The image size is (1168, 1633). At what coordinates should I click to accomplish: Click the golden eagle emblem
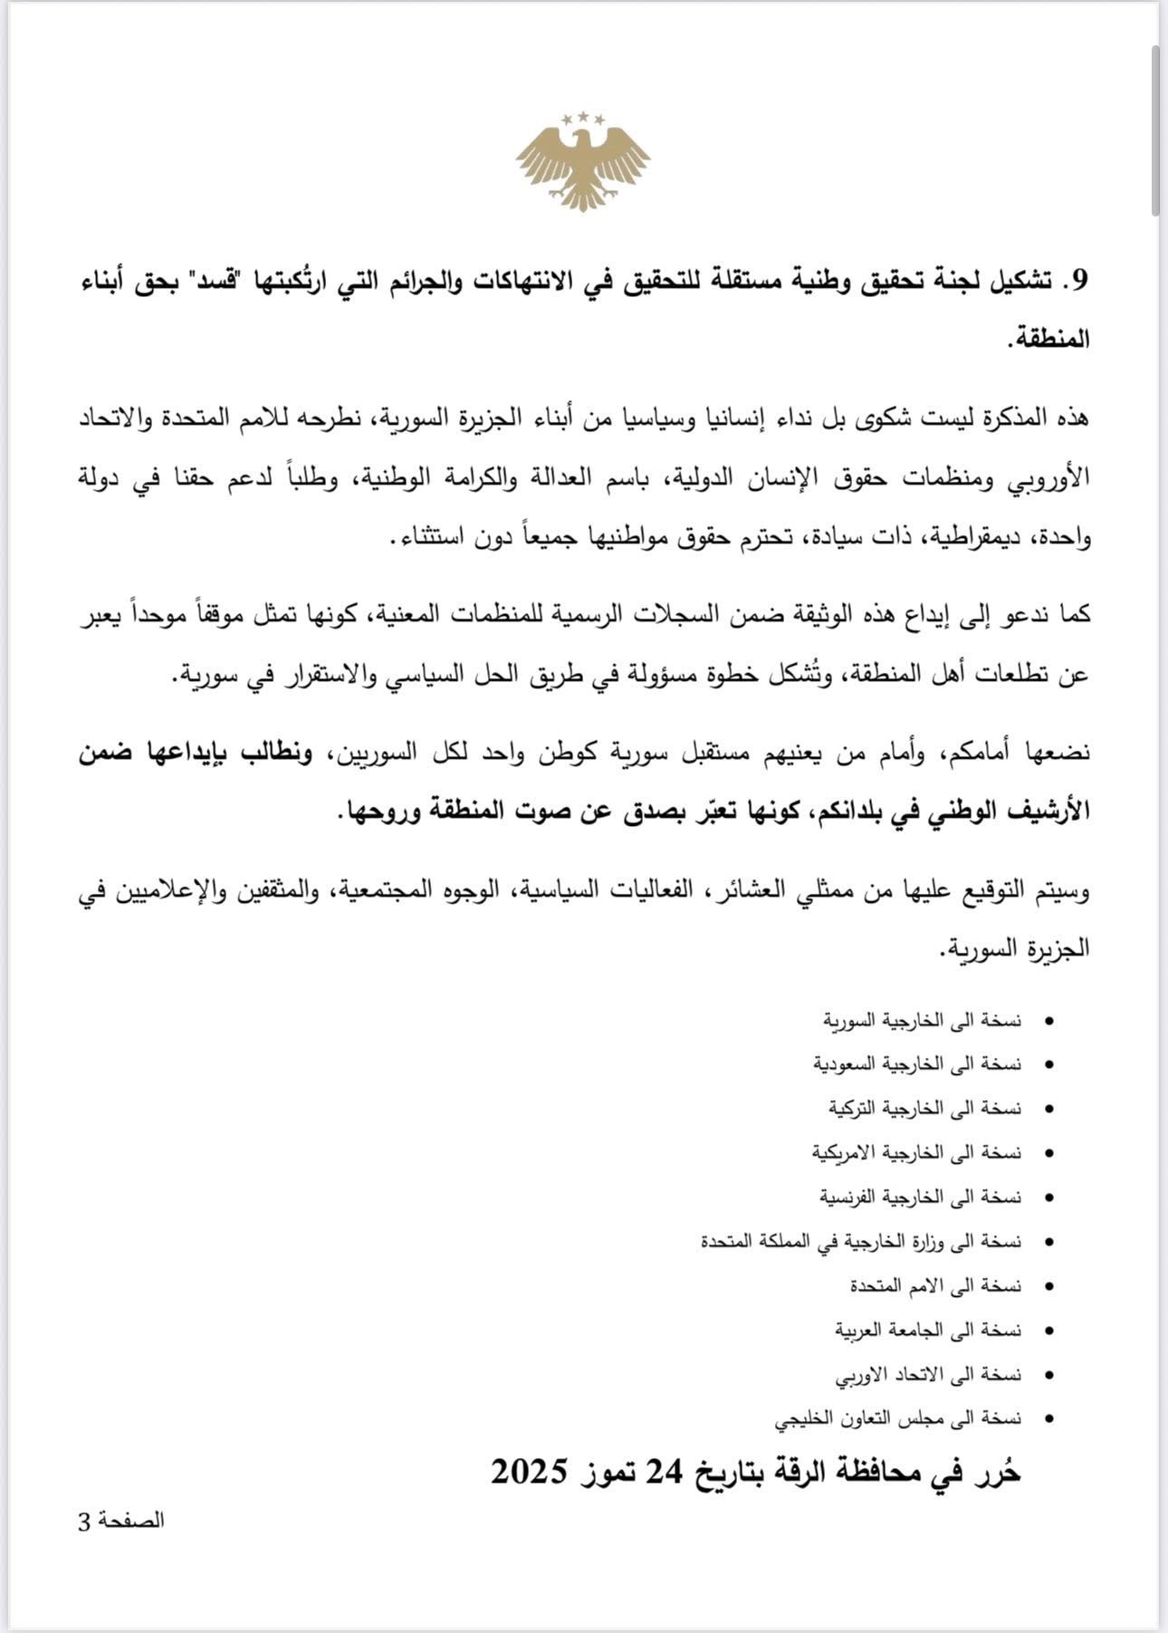[x=583, y=166]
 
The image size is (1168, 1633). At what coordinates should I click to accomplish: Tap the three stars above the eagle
[x=583, y=118]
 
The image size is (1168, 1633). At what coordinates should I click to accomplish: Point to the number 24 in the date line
[x=665, y=1472]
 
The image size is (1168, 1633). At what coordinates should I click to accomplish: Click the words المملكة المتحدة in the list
[x=752, y=1242]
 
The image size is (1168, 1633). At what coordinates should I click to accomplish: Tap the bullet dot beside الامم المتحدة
[x=1049, y=1287]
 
